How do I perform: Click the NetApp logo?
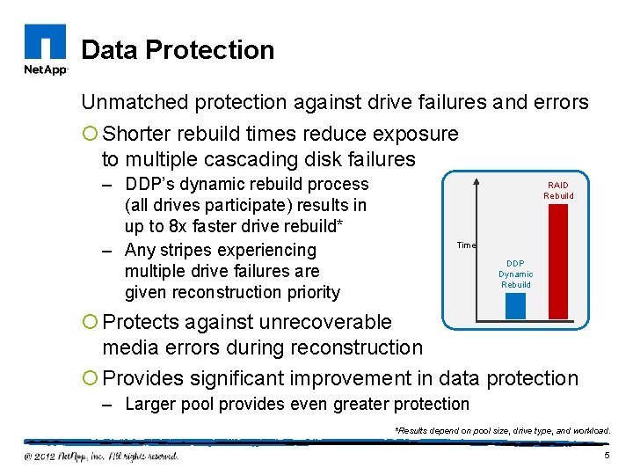point(44,50)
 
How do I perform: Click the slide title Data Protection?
point(178,50)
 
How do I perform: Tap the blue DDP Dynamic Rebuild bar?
point(515,304)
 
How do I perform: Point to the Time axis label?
point(466,245)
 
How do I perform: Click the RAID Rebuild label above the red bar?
point(558,191)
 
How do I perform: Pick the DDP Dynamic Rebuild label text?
point(516,274)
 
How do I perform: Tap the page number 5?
point(607,455)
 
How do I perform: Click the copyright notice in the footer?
point(101,456)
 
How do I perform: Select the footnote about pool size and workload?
point(502,430)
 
